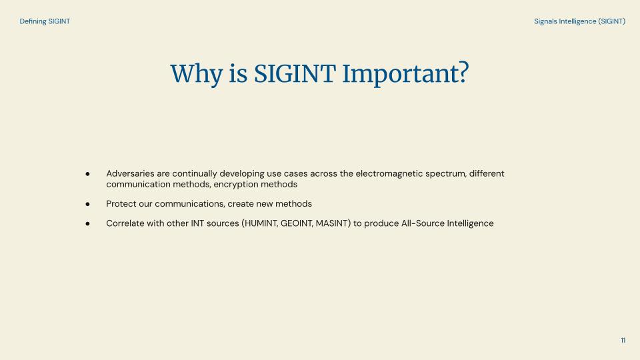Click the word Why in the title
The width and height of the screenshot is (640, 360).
tap(196, 74)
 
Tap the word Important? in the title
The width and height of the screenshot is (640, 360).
tap(405, 74)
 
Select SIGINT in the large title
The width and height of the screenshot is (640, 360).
tap(295, 73)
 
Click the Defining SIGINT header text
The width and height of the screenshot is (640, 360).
tap(45, 21)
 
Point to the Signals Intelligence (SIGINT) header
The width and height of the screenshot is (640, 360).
tap(579, 21)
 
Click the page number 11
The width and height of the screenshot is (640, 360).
tap(623, 341)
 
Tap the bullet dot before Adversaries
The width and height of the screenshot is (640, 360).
tap(87, 174)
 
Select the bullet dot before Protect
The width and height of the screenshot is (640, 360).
tap(87, 204)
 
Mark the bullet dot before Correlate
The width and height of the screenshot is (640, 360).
tap(87, 224)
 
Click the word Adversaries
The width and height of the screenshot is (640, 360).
tap(130, 174)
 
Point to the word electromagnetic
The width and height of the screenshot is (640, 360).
tap(389, 174)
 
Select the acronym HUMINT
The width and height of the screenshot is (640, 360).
tap(261, 224)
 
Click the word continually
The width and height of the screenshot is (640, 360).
tap(195, 174)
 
